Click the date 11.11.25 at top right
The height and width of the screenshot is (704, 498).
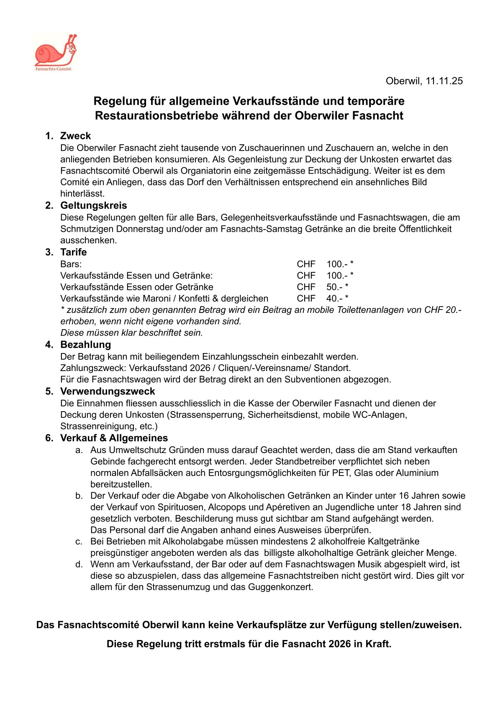444,81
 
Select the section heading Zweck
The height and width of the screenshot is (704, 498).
75,136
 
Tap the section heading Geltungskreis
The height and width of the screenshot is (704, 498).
93,205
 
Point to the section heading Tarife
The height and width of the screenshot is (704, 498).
74,252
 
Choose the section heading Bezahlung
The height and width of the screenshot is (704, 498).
86,345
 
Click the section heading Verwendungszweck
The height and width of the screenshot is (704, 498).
108,392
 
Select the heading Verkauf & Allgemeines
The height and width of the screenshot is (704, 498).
114,438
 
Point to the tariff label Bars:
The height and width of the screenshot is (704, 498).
71,264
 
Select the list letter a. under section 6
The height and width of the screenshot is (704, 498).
79,450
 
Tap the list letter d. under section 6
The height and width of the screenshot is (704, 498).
79,564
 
